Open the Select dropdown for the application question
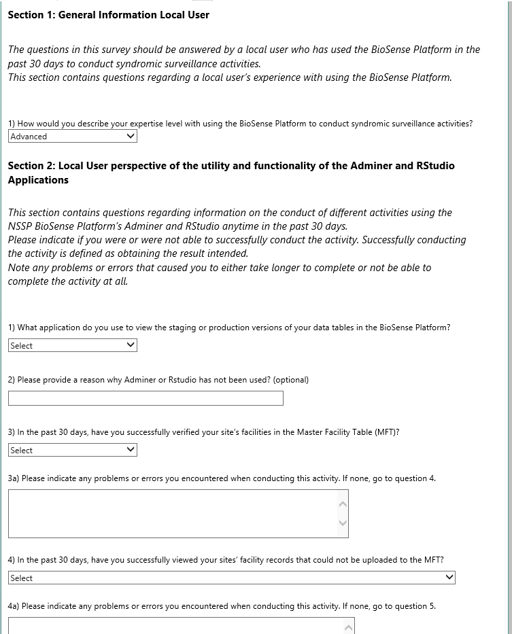[72, 345]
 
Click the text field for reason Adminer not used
[146, 398]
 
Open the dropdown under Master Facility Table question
[72, 450]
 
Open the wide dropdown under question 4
[231, 578]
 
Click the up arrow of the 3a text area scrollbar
[343, 504]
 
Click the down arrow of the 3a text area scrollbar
[343, 523]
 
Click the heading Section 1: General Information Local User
[108, 14]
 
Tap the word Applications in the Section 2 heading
[38, 180]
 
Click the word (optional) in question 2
[291, 380]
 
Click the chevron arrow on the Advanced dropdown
[131, 137]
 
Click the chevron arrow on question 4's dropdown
[449, 578]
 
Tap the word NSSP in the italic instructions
[22, 226]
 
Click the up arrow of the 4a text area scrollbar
[349, 627]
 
